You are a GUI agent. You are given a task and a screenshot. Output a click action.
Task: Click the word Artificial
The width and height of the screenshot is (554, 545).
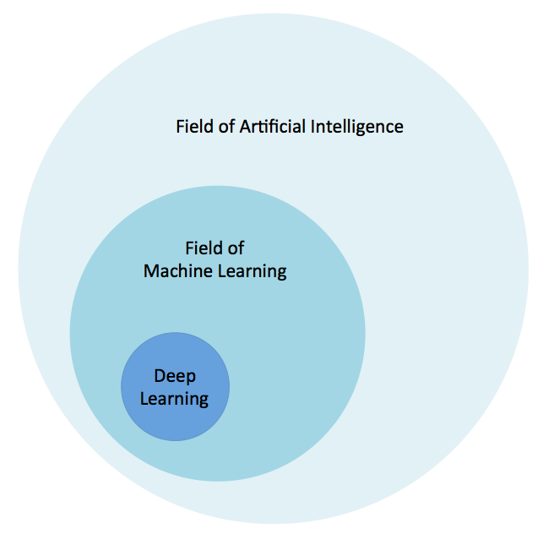click(x=273, y=127)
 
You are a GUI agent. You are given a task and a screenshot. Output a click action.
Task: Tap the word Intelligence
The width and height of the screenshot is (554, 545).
click(x=357, y=127)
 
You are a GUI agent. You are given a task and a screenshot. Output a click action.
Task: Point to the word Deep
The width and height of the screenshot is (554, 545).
click(x=175, y=376)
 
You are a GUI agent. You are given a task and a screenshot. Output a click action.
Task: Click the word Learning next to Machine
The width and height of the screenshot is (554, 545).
click(x=251, y=271)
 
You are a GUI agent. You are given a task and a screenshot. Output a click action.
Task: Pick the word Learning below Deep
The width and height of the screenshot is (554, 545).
click(x=175, y=398)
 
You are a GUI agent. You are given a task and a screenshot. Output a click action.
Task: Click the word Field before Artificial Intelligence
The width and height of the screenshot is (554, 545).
click(x=194, y=127)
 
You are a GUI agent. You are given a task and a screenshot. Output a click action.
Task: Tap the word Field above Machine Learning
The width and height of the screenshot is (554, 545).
click(x=204, y=248)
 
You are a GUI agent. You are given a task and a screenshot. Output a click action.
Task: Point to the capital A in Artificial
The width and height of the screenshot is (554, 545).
click(x=246, y=127)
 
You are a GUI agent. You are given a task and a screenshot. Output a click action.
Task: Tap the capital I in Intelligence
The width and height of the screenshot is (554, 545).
click(x=314, y=127)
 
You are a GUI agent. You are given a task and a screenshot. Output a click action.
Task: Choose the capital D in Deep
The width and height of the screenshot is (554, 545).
click(x=159, y=376)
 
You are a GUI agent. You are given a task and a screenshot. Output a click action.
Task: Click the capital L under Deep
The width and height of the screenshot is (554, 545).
click(x=144, y=398)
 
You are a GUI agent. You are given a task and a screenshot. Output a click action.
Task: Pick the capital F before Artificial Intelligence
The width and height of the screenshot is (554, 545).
click(x=180, y=127)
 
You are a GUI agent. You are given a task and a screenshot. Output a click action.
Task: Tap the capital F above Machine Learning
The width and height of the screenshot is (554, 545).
click(x=189, y=248)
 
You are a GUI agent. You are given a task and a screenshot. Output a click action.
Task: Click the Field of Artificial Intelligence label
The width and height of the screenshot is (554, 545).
click(x=290, y=127)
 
